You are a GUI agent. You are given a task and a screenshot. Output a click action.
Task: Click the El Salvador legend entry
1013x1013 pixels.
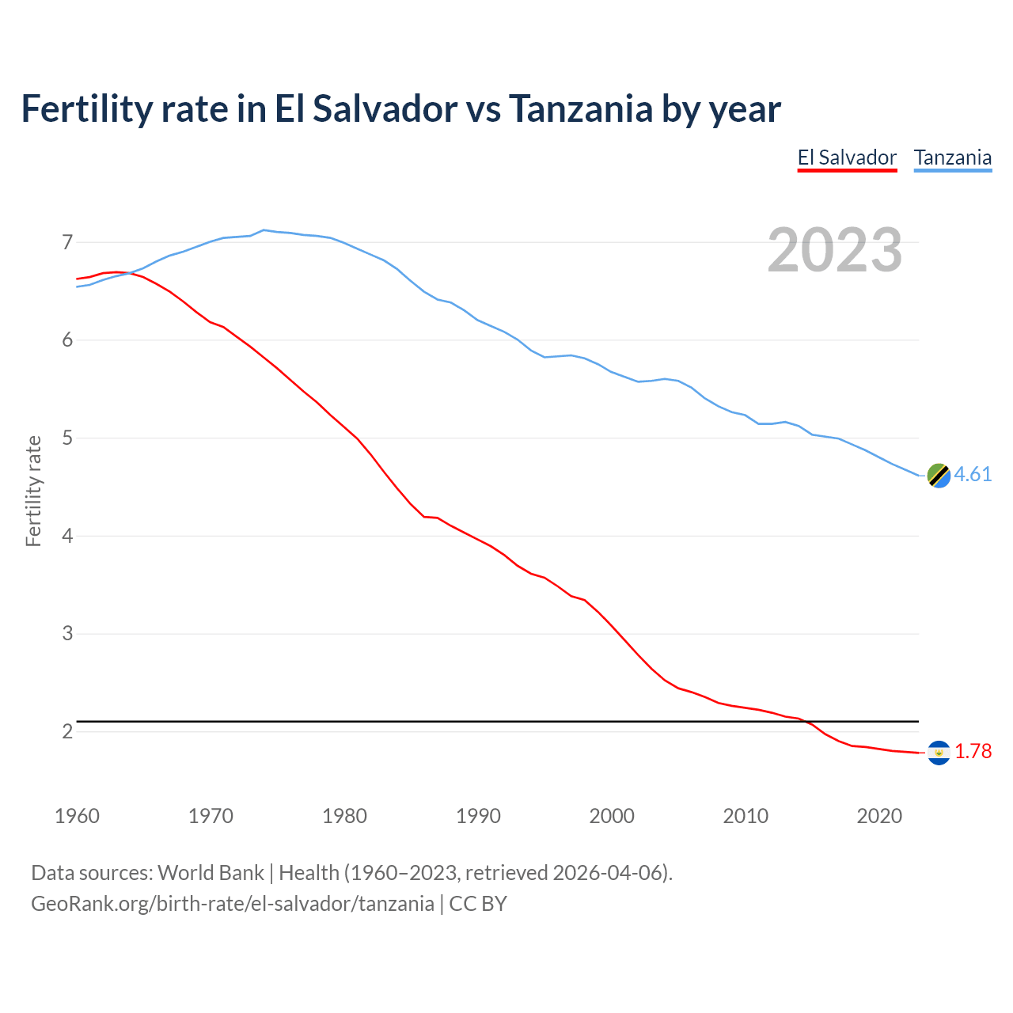847,157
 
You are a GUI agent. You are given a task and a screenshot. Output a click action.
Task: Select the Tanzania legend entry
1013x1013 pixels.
953,157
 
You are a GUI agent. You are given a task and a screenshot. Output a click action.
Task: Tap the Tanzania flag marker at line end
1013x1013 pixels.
939,476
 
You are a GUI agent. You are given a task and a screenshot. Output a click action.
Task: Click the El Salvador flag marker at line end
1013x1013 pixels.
939,753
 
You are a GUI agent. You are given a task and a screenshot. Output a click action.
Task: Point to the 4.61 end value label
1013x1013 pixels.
973,474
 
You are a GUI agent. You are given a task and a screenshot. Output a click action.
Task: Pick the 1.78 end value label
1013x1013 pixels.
973,751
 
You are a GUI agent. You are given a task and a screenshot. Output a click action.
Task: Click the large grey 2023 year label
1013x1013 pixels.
834,250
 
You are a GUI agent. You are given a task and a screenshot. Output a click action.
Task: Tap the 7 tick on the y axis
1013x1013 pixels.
67,242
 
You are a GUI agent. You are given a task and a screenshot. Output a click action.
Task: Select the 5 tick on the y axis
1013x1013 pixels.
67,438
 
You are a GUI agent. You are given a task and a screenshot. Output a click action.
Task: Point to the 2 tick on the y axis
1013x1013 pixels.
67,731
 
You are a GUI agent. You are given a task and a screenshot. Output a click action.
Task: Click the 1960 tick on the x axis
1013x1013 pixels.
77,816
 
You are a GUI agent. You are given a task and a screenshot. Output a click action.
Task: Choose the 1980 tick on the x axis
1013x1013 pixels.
344,816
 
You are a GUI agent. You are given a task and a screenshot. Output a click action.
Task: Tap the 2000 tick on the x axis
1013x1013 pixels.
612,816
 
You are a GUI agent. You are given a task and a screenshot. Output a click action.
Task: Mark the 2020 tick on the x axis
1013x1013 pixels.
879,816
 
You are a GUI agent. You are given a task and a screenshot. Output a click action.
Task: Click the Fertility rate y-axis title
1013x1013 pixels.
33,491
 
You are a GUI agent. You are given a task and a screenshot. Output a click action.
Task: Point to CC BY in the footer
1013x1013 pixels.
478,904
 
